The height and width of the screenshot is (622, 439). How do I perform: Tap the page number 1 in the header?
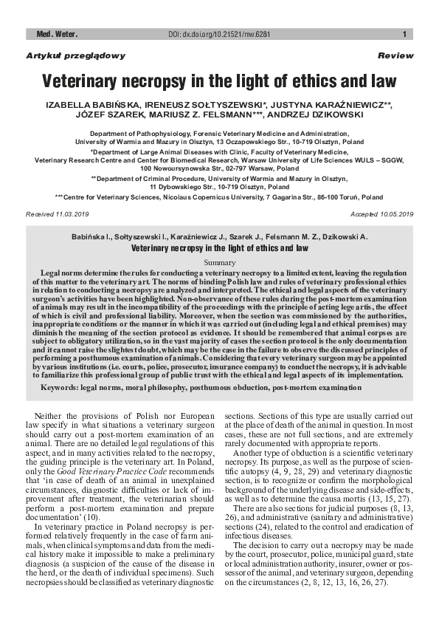pos(404,34)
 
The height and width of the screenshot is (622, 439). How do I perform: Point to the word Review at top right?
pos(395,55)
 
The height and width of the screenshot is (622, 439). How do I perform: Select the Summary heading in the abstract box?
pos(218,263)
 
